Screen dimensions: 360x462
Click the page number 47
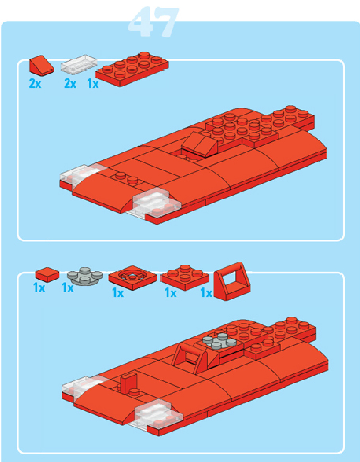coord(153,22)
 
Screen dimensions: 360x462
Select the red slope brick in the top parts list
coord(42,66)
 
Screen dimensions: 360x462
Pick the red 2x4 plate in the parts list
coord(132,69)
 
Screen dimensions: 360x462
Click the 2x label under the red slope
coord(35,83)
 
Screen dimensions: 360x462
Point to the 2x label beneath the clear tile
coord(70,83)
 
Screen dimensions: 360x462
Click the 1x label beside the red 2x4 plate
coord(93,83)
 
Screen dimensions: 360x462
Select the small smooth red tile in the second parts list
coord(47,274)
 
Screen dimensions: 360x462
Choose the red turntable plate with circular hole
coord(132,278)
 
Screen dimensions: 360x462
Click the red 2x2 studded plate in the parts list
coord(185,278)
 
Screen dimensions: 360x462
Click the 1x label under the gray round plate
coord(68,288)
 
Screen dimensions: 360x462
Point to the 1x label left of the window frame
coord(206,294)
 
